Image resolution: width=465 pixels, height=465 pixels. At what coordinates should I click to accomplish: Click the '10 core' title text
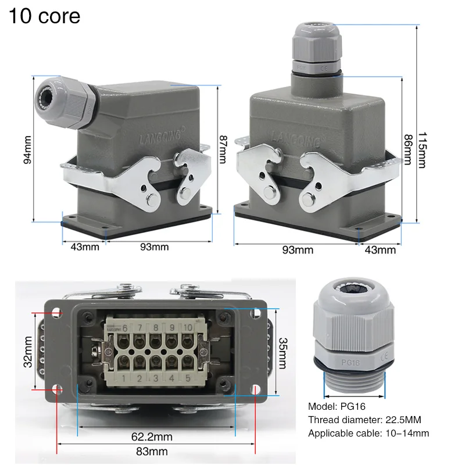click(x=44, y=16)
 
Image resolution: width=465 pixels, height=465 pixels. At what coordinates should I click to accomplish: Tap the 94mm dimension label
click(x=27, y=151)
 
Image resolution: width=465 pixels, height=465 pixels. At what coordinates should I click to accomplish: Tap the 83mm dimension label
click(x=156, y=451)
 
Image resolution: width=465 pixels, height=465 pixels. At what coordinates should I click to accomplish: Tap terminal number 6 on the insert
click(x=124, y=327)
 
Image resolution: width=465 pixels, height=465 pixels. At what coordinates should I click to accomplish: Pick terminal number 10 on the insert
click(x=187, y=327)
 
